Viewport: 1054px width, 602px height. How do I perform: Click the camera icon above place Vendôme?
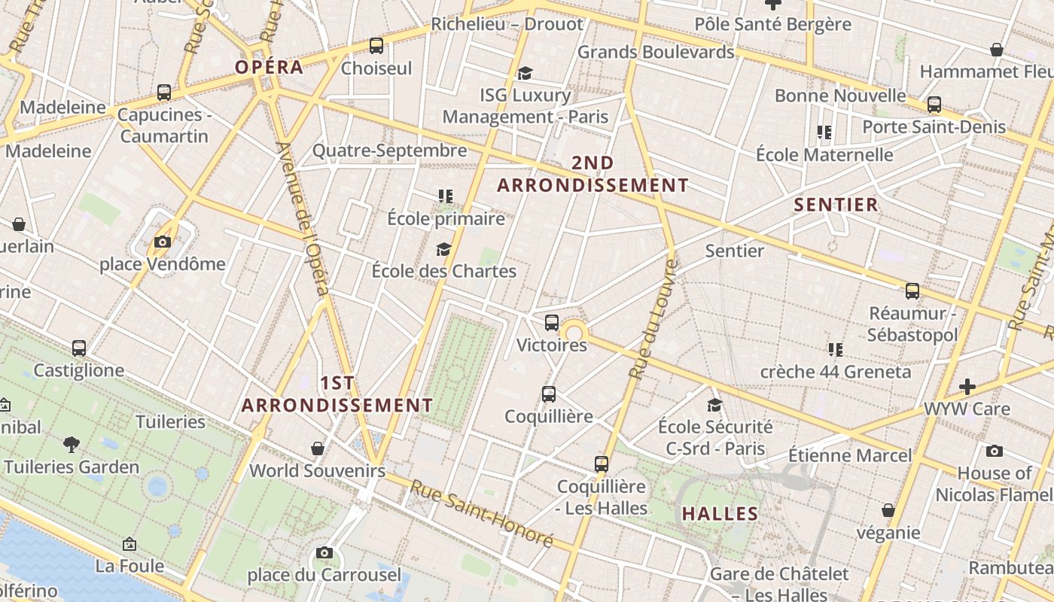click(162, 242)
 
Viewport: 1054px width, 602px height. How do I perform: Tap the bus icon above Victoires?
click(552, 323)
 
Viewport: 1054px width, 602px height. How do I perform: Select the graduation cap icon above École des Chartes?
click(444, 249)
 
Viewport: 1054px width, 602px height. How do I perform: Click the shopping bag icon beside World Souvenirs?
click(318, 448)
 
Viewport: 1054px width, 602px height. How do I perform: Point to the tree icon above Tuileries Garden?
click(72, 444)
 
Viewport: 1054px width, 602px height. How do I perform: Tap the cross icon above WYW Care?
click(967, 387)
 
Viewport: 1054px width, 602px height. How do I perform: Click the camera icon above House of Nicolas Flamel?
click(995, 451)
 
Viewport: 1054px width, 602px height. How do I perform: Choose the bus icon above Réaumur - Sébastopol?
click(912, 290)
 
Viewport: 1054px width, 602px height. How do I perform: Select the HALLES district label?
click(720, 514)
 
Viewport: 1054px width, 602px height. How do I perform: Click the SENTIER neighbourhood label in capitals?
click(836, 205)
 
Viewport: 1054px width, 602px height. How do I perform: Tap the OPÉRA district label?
click(269, 67)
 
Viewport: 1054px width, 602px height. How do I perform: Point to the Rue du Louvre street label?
click(653, 319)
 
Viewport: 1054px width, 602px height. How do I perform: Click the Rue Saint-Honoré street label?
click(482, 514)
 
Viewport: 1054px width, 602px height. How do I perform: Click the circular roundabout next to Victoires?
click(574, 333)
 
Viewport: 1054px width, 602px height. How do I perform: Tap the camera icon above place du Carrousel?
click(324, 553)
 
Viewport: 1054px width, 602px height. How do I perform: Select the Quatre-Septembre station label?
click(389, 150)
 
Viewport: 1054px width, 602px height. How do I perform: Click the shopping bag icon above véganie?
click(888, 510)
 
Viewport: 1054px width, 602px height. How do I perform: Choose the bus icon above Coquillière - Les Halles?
click(601, 464)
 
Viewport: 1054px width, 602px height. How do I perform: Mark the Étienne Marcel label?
click(850, 455)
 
